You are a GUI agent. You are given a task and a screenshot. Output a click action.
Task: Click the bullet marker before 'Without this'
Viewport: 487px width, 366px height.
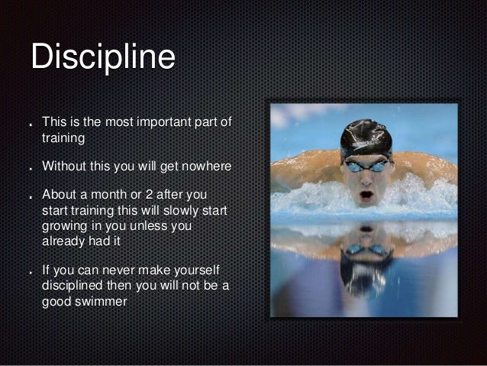point(29,167)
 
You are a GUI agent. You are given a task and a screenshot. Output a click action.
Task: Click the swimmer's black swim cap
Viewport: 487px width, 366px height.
point(366,137)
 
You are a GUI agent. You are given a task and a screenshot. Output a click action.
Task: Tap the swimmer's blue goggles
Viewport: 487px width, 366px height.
point(366,165)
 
